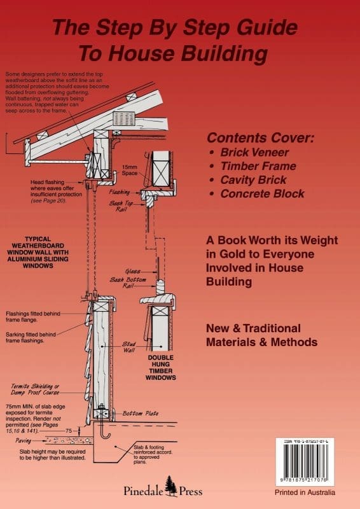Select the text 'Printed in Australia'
306,493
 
